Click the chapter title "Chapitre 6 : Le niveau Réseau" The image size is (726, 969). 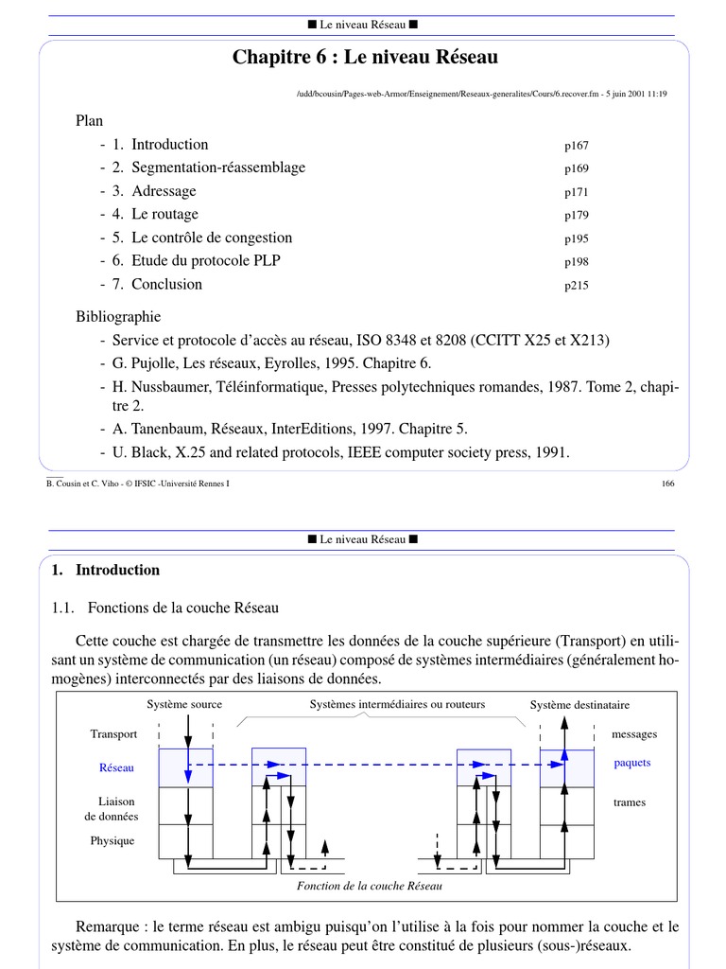click(365, 58)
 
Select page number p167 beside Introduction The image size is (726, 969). click(577, 146)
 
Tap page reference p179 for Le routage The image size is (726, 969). click(577, 216)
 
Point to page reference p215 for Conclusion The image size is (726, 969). click(577, 286)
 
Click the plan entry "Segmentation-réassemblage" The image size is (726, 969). click(218, 167)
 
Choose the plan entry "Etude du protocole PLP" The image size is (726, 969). click(206, 260)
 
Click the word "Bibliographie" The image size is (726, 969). click(118, 316)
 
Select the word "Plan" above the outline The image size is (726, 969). click(90, 121)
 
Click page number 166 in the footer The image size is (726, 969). click(668, 484)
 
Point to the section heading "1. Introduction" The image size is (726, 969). click(106, 570)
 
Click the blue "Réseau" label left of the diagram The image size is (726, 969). click(116, 767)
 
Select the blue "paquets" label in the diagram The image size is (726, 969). click(632, 763)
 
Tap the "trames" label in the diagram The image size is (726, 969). click(630, 802)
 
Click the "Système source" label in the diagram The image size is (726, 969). click(184, 704)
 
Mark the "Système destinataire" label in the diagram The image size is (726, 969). click(579, 705)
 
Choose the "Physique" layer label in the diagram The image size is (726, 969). click(112, 840)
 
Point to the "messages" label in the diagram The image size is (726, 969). click(634, 734)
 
